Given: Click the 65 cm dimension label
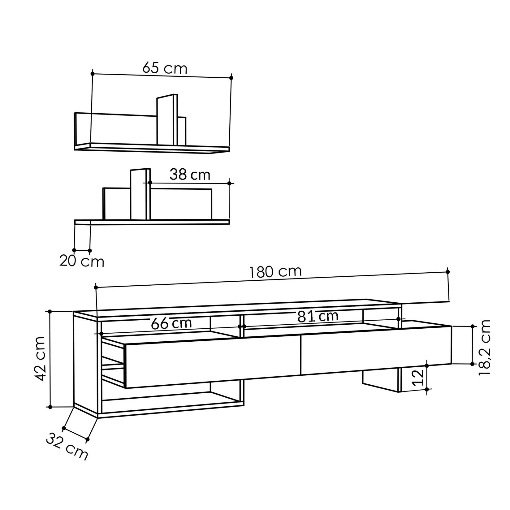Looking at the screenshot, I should point(165,68).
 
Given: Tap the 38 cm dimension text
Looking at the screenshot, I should point(190,175).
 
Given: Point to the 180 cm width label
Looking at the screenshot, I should point(275,272).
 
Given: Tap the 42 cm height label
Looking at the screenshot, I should point(40,359).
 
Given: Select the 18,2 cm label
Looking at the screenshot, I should point(485,348).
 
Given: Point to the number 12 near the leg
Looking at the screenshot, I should point(419,378).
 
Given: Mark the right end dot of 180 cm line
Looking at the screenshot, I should point(448,272).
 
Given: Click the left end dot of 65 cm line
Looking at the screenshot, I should point(92,74).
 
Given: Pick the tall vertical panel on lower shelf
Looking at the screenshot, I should point(140,194).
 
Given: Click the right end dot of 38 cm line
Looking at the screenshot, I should point(229,183).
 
